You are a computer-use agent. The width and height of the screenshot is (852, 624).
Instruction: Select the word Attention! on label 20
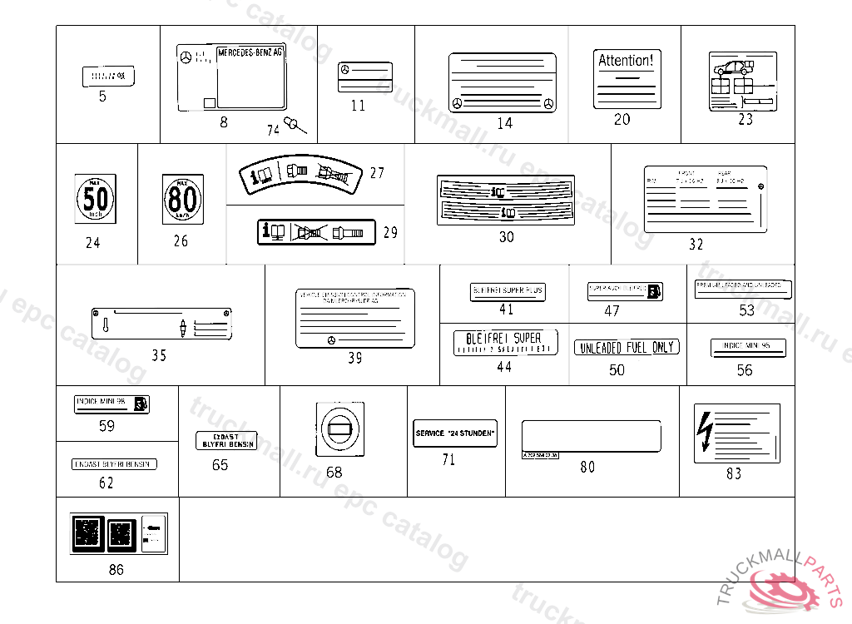coord(627,61)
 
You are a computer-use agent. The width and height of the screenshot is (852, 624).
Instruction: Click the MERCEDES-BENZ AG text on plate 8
coord(250,52)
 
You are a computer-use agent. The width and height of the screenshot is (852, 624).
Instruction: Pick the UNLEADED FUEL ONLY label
coord(627,347)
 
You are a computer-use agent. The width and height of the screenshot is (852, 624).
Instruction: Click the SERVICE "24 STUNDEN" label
coord(455,433)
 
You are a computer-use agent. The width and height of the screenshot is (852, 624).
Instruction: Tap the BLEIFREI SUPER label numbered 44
coord(505,342)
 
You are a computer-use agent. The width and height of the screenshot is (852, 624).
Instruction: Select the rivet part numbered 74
coord(294,126)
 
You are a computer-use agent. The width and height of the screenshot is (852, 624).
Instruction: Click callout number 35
coord(159,355)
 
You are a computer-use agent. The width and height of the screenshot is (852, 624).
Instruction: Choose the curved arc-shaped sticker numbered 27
coord(301,173)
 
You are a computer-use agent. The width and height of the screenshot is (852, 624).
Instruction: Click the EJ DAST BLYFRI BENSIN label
coord(226,440)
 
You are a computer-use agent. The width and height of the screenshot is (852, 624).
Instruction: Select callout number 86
coord(116,570)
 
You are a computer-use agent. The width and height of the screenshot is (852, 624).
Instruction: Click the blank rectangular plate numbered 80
coord(591,436)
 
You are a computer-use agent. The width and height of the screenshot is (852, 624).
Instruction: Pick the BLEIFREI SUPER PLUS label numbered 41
coord(508,291)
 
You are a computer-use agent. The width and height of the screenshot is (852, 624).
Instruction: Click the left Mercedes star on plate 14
coord(457,104)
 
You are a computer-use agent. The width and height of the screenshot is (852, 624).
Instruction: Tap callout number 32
coord(696,245)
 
